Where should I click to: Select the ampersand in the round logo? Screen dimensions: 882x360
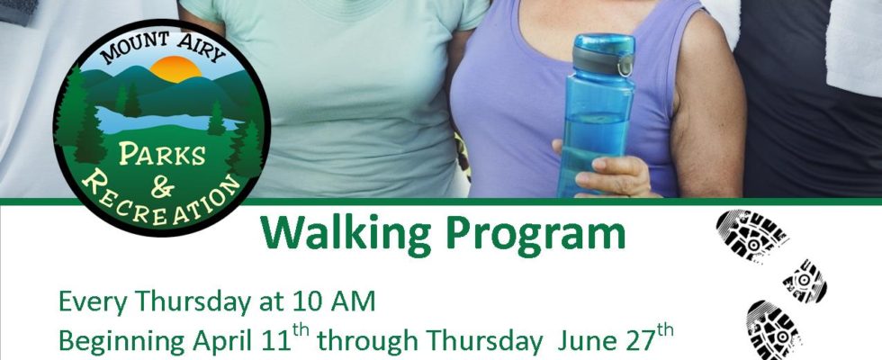163,188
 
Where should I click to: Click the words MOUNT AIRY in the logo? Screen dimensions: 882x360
164,47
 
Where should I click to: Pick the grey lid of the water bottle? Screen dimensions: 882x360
603,58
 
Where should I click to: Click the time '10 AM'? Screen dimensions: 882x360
334,302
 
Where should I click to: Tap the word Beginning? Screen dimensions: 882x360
122,341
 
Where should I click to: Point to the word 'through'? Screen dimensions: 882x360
368,341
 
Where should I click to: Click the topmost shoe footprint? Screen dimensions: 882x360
751,235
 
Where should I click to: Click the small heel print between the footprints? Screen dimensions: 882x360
805,281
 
